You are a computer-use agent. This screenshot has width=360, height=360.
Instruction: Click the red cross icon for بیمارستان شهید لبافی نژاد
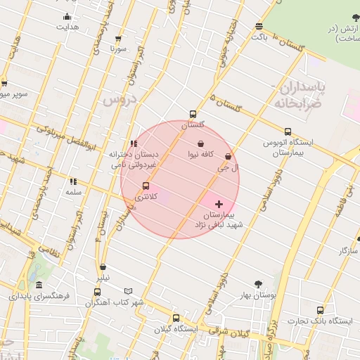click(x=219, y=203)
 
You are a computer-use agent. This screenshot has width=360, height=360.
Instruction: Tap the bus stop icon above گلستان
click(x=193, y=114)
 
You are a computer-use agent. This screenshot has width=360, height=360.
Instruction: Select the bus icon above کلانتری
click(x=146, y=186)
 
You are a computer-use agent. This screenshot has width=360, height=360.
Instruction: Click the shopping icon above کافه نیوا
click(x=201, y=143)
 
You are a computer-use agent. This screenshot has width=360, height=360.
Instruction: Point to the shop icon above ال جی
click(x=228, y=157)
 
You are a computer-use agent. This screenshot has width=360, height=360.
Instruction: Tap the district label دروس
click(x=118, y=99)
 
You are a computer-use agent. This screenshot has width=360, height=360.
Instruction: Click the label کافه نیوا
click(x=201, y=153)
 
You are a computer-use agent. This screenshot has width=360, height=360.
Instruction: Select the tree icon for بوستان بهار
click(x=259, y=284)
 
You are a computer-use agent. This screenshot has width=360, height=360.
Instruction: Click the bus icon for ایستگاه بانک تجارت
click(x=320, y=310)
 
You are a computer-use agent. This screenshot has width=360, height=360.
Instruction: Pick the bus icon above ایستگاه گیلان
click(x=176, y=318)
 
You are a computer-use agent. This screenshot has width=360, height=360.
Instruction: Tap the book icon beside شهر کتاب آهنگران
click(x=128, y=291)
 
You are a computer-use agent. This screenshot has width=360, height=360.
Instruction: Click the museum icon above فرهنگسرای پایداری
click(x=39, y=285)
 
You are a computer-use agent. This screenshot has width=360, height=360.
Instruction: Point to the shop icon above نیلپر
click(x=103, y=266)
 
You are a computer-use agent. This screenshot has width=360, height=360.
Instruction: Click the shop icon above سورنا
click(x=117, y=39)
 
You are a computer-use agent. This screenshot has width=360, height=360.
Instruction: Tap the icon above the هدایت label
click(x=67, y=17)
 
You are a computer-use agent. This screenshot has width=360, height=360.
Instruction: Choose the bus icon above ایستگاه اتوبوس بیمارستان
click(x=288, y=131)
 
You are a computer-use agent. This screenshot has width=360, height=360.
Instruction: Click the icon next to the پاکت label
click(x=259, y=25)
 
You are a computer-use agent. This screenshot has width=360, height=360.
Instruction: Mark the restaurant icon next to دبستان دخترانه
click(x=134, y=143)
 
